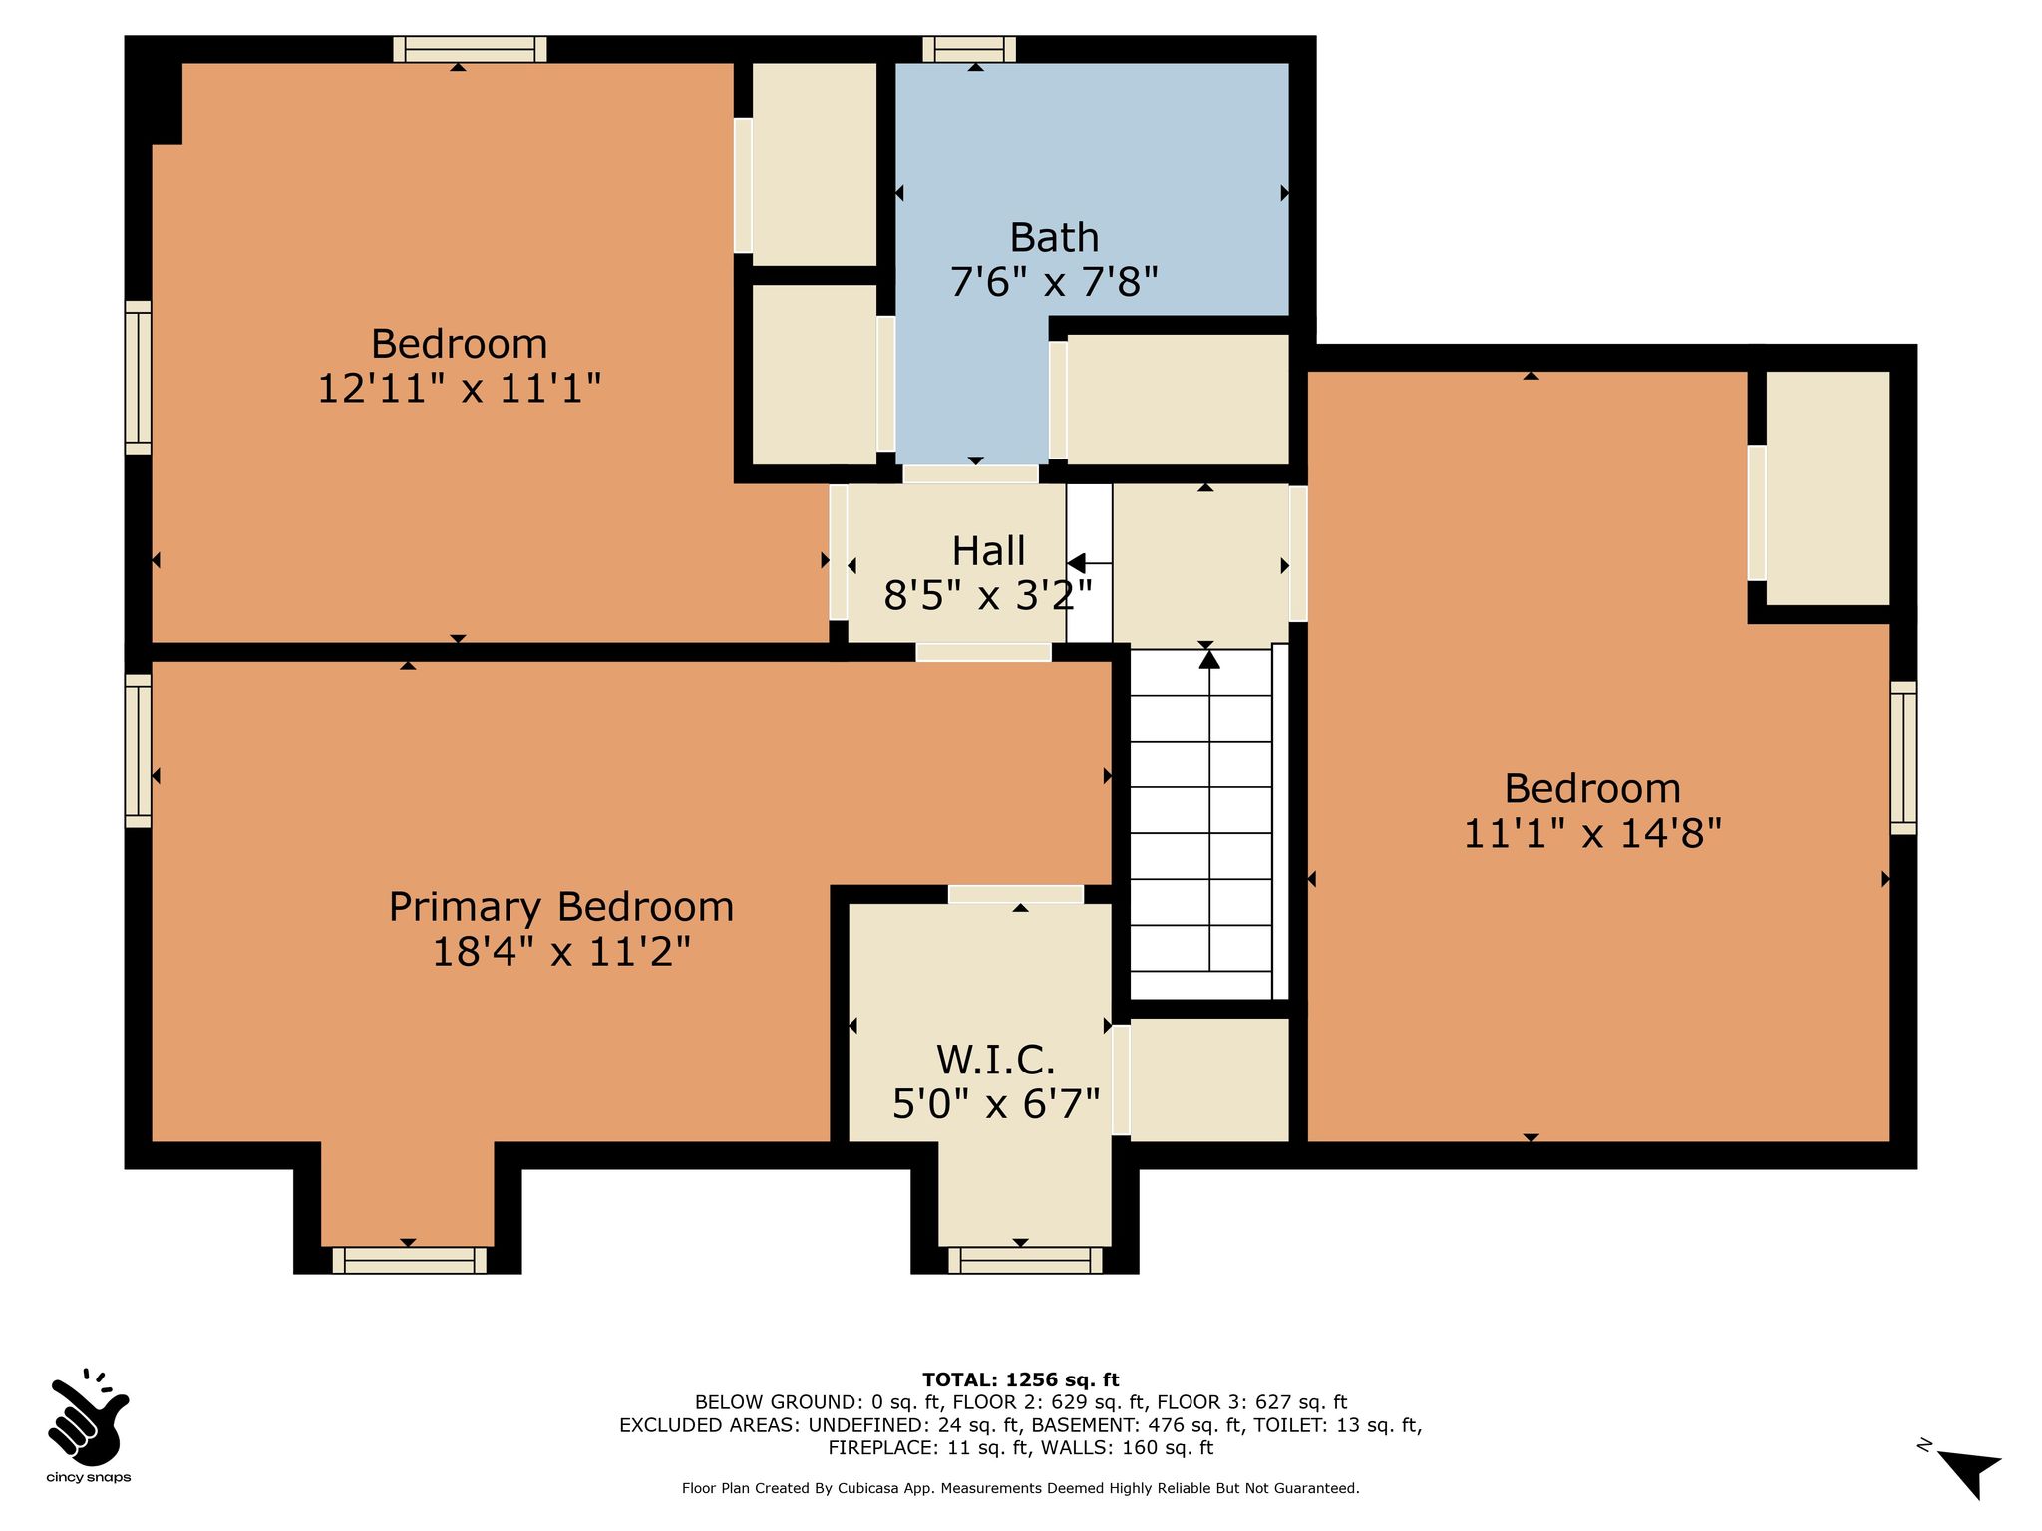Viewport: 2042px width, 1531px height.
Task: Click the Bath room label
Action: click(1054, 238)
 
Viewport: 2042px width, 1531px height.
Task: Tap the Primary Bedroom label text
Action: click(561, 907)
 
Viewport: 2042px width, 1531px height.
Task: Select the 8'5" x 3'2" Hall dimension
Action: click(988, 596)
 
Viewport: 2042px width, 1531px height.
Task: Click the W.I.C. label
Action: click(995, 1059)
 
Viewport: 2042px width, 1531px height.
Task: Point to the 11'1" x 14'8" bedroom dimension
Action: click(1592, 833)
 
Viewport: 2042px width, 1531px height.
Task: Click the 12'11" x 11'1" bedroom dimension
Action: click(460, 388)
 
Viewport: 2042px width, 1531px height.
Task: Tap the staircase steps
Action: click(1208, 822)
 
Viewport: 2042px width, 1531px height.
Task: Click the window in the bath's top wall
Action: click(969, 49)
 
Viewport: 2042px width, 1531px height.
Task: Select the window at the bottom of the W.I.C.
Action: click(1025, 1260)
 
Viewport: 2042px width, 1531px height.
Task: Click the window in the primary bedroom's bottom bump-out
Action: click(409, 1260)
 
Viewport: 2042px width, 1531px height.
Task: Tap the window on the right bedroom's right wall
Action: click(1903, 758)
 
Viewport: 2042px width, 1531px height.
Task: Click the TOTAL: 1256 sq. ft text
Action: click(1020, 1380)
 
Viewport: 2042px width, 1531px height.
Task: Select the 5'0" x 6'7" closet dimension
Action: click(995, 1104)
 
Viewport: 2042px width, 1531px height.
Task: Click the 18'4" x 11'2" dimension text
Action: click(561, 952)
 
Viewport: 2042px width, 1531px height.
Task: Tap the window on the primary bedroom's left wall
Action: click(138, 751)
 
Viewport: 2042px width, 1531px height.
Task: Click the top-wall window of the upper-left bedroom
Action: click(470, 49)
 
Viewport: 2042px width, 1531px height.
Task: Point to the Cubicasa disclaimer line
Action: click(1020, 1488)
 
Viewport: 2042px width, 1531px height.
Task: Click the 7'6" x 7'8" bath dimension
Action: click(1054, 283)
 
